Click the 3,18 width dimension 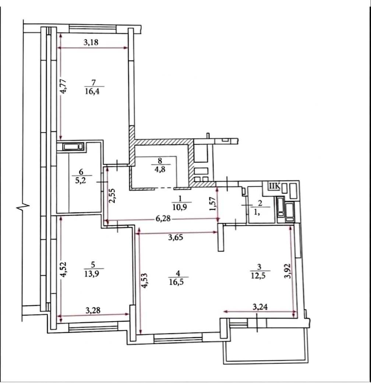pyautogui.click(x=91, y=42)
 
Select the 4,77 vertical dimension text pyautogui.click(x=64, y=86)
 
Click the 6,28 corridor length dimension pyautogui.click(x=163, y=218)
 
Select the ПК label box pyautogui.click(x=274, y=186)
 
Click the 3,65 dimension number pyautogui.click(x=176, y=237)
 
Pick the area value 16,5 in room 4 pyautogui.click(x=177, y=282)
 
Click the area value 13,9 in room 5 pyautogui.click(x=92, y=273)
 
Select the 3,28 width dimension pyautogui.click(x=93, y=310)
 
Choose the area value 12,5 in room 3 pyautogui.click(x=258, y=276)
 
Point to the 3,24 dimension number pyautogui.click(x=260, y=307)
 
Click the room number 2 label pyautogui.click(x=260, y=203)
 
